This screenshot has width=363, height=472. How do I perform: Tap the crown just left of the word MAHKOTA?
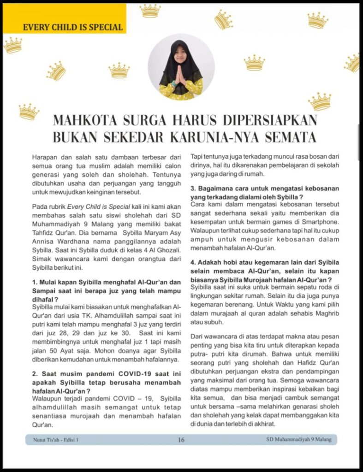click(x=29, y=111)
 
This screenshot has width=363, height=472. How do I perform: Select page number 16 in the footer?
click(x=181, y=440)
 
